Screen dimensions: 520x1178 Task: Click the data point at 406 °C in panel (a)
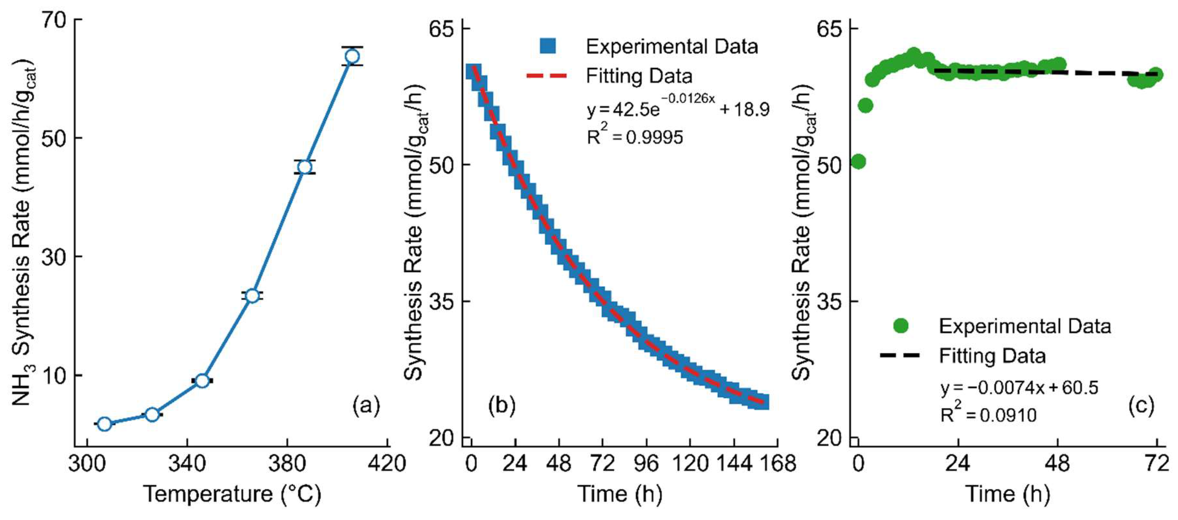point(352,56)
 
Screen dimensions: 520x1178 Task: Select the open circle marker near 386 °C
point(305,167)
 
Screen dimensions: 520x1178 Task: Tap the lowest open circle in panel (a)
point(104,424)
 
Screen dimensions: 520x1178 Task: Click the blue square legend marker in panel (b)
point(547,46)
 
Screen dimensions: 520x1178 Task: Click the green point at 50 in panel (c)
point(858,162)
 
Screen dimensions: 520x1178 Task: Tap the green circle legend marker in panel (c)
point(901,326)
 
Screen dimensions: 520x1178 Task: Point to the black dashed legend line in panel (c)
point(900,355)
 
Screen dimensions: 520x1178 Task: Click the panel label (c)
point(1141,405)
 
